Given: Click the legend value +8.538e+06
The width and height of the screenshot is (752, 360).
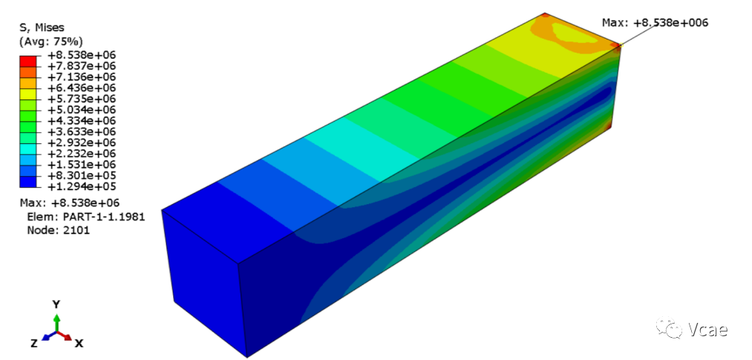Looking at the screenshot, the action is (82, 55).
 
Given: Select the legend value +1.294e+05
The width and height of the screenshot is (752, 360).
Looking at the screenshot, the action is (82, 186).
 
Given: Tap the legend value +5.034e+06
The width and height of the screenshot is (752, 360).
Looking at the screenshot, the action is (82, 109).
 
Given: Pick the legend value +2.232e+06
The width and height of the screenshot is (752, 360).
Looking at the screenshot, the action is (82, 154).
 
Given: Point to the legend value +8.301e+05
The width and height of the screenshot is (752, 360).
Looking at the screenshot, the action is (82, 175).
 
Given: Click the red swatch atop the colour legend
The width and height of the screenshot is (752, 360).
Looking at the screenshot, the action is (28, 60).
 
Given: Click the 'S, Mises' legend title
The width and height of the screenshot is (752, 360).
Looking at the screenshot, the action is (42, 27).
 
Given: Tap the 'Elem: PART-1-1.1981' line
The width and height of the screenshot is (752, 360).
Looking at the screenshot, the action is (86, 217).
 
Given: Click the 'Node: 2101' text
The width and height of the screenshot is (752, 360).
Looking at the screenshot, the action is (58, 230).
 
